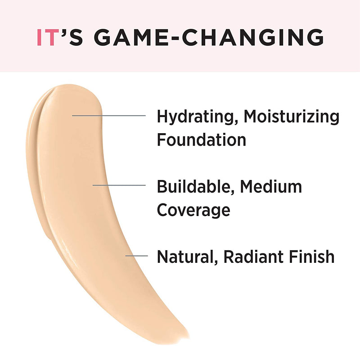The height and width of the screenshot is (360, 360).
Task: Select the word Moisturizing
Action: pos(292,117)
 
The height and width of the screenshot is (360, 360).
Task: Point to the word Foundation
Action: pos(201,139)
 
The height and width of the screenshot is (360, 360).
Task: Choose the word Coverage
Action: pos(193,210)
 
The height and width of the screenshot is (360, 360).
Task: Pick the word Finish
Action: pos(312,257)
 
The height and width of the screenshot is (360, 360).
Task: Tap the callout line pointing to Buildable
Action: pos(119,185)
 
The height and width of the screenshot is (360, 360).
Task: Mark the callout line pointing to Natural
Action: pos(136,255)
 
